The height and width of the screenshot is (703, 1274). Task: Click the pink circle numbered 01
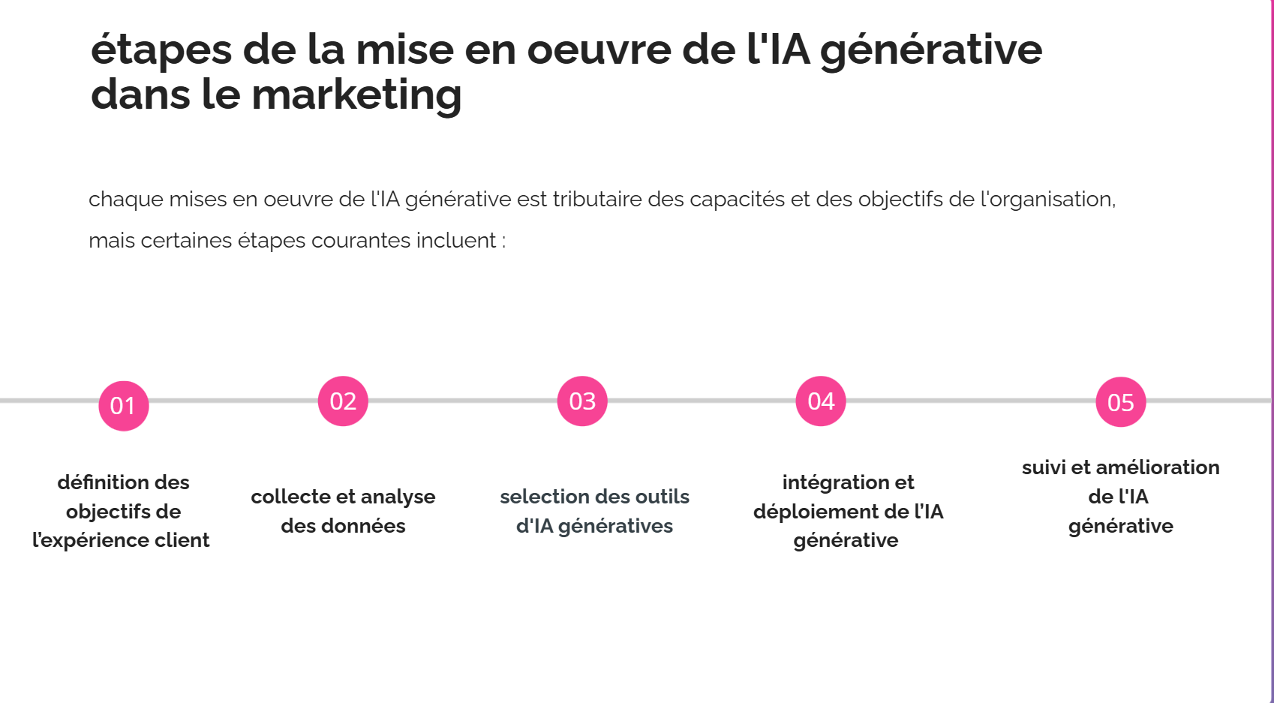[x=124, y=406]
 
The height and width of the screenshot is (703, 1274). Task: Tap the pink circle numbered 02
[x=343, y=401]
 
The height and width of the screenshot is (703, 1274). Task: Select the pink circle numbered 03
[x=582, y=401]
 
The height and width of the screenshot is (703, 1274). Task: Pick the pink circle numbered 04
[x=821, y=401]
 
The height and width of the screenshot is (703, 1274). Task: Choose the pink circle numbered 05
[x=1121, y=402]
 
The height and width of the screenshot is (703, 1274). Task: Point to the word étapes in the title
[x=161, y=51]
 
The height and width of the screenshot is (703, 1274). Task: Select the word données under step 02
[x=363, y=526]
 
